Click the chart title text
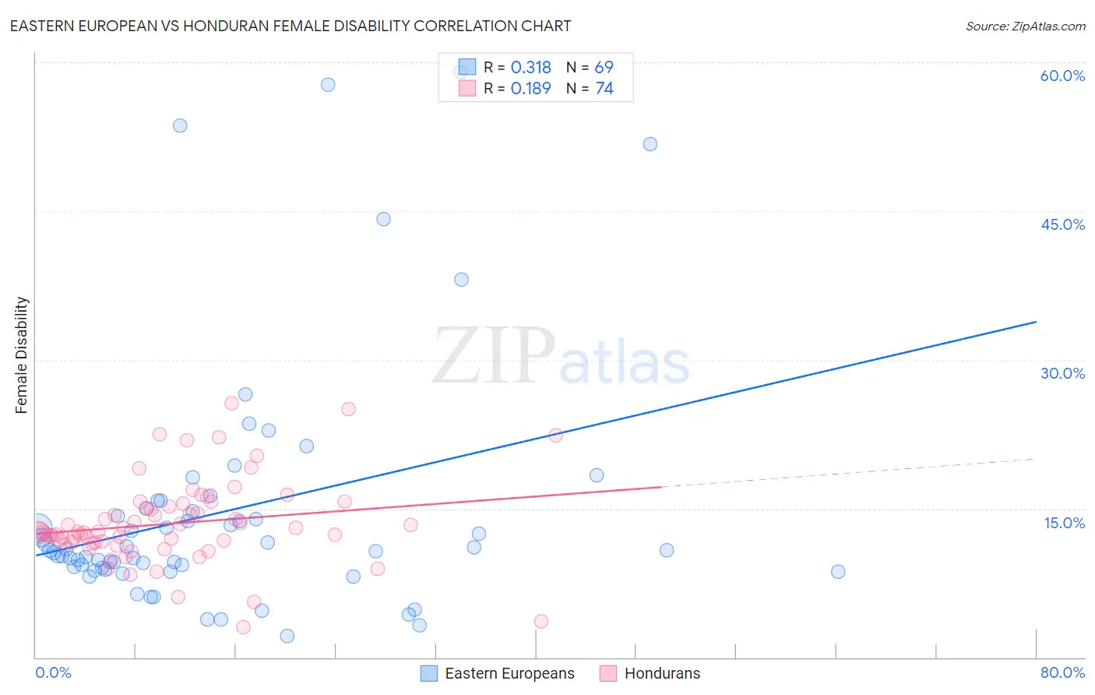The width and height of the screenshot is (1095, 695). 290,26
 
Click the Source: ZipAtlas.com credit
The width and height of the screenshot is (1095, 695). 1025,26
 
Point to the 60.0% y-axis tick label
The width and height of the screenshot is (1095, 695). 1062,76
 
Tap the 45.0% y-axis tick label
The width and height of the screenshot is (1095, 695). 1062,224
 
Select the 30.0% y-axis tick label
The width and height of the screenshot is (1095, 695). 1062,373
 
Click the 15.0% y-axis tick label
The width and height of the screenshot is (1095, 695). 1064,522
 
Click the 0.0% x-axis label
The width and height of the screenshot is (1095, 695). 53,672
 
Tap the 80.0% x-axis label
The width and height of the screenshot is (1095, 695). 1062,672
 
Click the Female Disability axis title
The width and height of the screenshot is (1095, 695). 22,355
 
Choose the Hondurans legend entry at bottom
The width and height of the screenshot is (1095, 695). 662,673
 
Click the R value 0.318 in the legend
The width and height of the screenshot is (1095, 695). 530,68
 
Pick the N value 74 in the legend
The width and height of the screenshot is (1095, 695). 604,89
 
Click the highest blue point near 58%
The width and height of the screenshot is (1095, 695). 328,84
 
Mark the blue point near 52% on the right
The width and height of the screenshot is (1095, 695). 650,144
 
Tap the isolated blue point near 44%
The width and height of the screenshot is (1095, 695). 383,219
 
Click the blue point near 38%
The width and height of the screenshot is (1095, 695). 461,279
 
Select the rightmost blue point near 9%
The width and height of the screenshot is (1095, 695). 838,571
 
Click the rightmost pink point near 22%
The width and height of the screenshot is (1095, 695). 555,436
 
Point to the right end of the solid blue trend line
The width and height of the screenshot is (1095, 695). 1036,322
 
